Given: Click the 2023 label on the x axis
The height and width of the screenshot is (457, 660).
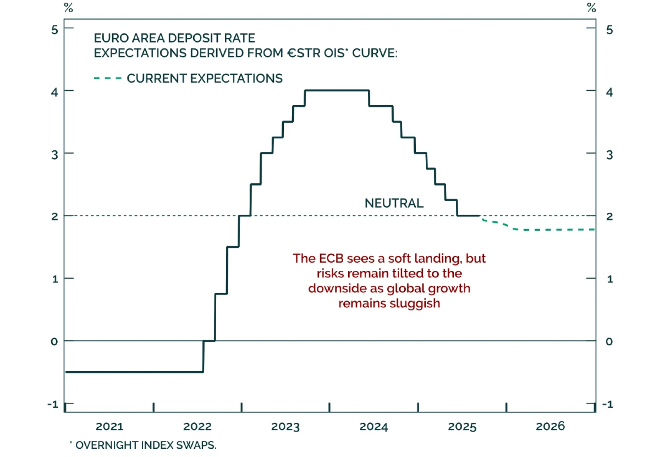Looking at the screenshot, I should click(x=285, y=426).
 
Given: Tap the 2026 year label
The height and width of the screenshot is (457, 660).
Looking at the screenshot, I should click(x=550, y=426).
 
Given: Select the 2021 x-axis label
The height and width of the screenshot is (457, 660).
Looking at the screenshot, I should click(x=109, y=426).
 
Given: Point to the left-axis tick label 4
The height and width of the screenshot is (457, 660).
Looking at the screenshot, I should click(x=54, y=92).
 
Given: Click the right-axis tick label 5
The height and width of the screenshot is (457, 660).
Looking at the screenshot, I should click(x=609, y=30).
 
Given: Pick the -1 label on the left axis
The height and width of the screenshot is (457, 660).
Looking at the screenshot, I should click(x=53, y=404).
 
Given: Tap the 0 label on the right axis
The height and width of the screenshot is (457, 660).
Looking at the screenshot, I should click(x=609, y=341).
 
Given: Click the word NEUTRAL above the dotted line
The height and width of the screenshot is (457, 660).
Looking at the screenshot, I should click(x=394, y=203).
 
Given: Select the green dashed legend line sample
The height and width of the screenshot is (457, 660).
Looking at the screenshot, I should click(x=108, y=78).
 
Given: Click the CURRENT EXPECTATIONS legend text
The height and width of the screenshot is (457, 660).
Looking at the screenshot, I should click(x=205, y=78).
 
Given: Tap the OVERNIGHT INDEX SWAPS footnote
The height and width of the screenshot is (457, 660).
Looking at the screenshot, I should click(x=146, y=445).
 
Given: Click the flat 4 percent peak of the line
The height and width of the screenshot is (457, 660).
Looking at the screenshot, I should click(x=337, y=90).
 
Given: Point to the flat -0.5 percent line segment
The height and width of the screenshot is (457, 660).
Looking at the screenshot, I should click(x=134, y=372).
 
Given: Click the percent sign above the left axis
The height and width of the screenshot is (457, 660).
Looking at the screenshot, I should click(x=68, y=8).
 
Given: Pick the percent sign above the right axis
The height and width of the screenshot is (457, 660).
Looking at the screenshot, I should click(x=592, y=8).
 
